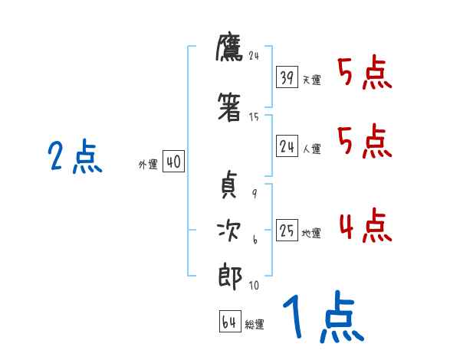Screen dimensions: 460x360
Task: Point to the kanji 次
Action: [229, 231]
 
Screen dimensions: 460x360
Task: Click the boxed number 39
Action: [287, 77]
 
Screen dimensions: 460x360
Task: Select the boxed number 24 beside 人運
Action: [287, 147]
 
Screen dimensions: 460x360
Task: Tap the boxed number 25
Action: [287, 230]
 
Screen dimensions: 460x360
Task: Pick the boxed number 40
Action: [173, 162]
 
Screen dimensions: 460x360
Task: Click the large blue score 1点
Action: [322, 318]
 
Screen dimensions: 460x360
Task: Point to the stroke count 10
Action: [254, 286]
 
